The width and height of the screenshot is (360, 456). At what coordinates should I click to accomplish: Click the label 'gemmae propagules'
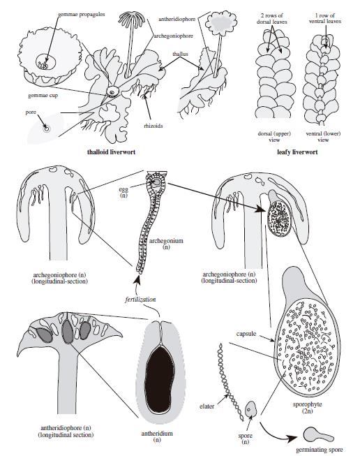pos(81,14)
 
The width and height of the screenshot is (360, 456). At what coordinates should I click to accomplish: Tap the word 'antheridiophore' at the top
pos(177,19)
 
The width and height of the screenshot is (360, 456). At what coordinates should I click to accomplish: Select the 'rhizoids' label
pos(153,126)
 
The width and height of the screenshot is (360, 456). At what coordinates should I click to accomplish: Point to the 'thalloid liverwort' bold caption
pos(111,152)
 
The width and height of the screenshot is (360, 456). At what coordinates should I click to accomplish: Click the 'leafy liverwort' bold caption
pos(297,152)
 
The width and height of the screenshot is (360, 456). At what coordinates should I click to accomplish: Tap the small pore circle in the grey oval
pos(46,128)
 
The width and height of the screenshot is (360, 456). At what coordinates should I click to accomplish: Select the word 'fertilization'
pos(140,300)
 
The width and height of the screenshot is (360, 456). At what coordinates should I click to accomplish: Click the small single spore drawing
pos(250,409)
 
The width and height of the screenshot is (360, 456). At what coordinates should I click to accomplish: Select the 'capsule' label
pos(246,334)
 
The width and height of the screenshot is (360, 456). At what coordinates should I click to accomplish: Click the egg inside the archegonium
pos(156,182)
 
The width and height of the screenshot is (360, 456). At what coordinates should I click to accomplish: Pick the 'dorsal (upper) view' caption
pos(274,137)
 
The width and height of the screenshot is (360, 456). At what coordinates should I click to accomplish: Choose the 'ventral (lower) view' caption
pos(323,137)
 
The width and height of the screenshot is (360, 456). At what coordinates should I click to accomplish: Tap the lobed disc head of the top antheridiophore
pos(221,22)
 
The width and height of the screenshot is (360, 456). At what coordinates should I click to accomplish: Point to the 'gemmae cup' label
pos(43,96)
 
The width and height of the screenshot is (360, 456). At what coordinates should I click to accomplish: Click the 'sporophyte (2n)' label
pos(308,408)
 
